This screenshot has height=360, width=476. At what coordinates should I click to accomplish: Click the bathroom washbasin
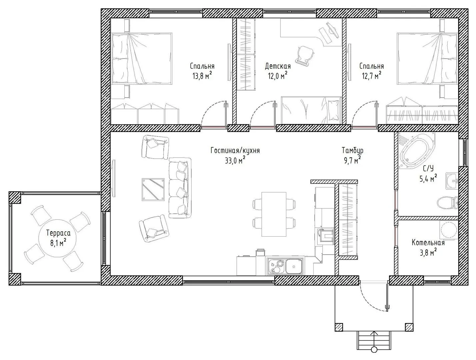click(452, 181)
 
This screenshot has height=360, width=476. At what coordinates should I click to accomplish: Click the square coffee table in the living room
click(153, 190)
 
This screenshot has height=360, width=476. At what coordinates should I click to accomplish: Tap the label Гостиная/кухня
click(235, 150)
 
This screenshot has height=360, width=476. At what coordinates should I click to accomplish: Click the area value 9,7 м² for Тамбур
click(352, 161)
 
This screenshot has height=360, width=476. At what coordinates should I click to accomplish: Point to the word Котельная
click(428, 243)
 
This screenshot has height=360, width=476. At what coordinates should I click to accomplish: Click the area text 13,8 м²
click(202, 76)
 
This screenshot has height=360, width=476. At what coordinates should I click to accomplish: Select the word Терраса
click(58, 233)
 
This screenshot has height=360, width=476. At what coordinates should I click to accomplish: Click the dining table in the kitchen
click(274, 214)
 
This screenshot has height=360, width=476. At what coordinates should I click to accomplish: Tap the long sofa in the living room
click(180, 188)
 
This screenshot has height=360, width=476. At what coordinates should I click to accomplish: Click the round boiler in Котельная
click(449, 230)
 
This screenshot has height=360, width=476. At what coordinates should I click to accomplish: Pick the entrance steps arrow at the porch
click(374, 342)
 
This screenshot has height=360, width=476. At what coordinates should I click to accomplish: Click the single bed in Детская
click(311, 110)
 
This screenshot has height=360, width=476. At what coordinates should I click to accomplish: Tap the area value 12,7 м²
click(372, 76)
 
